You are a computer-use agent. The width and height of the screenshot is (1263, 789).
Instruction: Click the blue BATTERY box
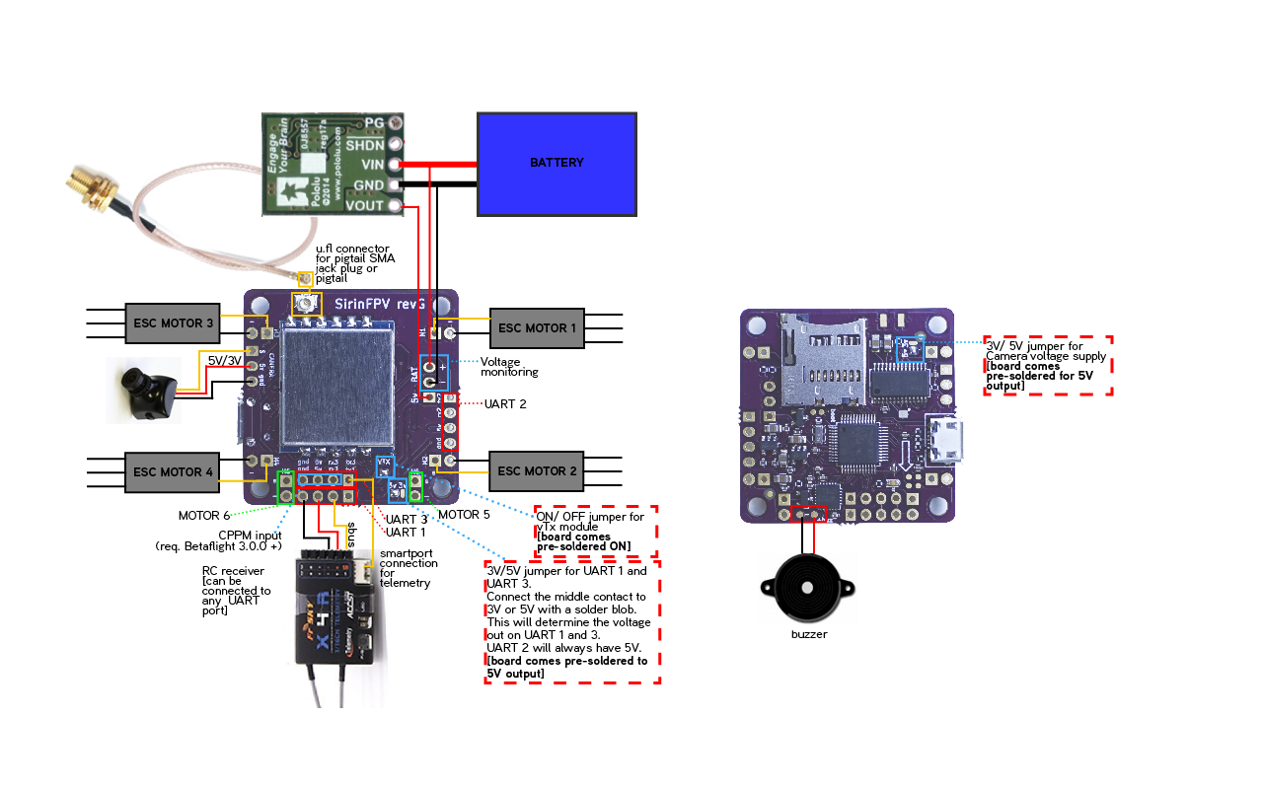pyautogui.click(x=557, y=164)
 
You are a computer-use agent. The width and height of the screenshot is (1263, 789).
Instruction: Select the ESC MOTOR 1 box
pyautogui.click(x=537, y=327)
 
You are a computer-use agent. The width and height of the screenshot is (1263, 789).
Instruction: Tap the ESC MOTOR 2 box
pyautogui.click(x=537, y=470)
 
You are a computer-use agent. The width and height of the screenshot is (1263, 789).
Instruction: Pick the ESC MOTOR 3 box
pyautogui.click(x=173, y=323)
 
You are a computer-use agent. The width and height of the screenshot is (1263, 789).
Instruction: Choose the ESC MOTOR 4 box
pyautogui.click(x=173, y=472)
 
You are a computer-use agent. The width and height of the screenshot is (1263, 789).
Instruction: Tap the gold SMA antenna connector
pyautogui.click(x=89, y=193)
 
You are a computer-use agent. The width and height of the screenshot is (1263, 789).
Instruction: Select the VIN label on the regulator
pyautogui.click(x=372, y=165)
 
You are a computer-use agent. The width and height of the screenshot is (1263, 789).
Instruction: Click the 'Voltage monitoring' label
pyautogui.click(x=509, y=367)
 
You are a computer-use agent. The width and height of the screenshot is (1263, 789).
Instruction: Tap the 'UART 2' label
pyautogui.click(x=504, y=404)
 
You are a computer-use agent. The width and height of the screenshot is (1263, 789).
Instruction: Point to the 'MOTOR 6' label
pyautogui.click(x=204, y=516)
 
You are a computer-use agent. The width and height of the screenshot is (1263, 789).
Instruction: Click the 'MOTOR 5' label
pyautogui.click(x=464, y=515)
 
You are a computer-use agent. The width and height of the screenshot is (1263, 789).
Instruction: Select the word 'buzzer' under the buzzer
pyautogui.click(x=809, y=634)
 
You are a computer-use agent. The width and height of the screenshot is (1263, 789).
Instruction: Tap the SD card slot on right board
pyautogui.click(x=822, y=360)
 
